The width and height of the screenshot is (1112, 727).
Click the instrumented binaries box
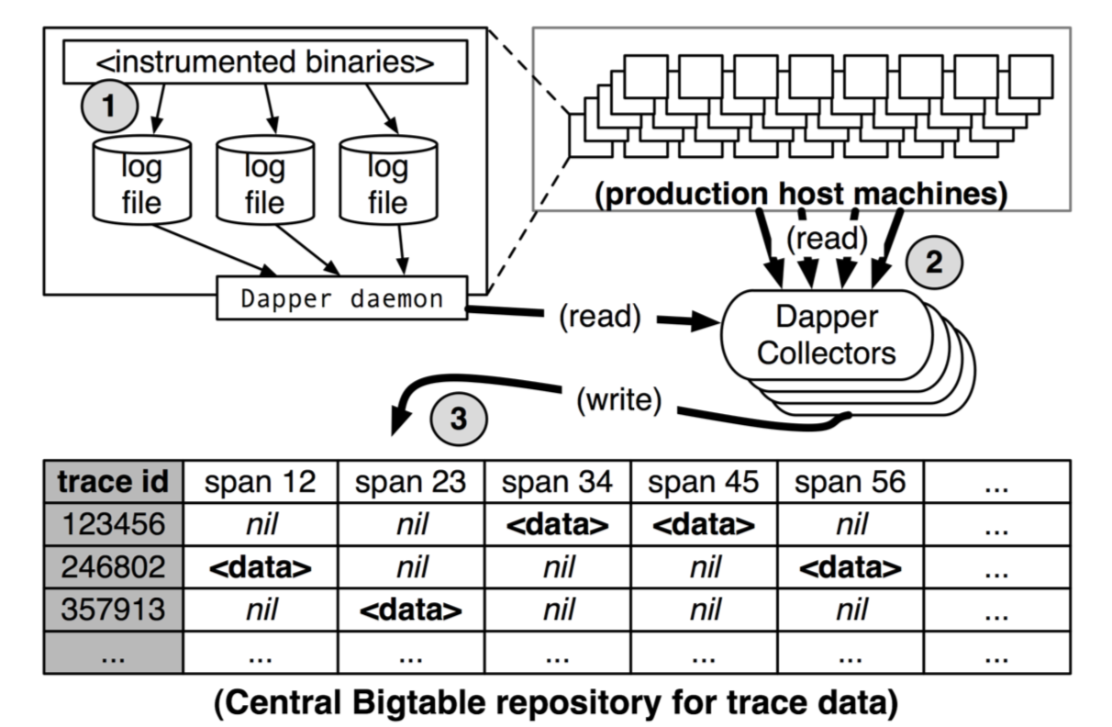coord(264,63)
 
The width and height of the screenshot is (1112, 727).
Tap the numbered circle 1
coord(109,107)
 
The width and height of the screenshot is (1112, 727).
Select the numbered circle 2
coord(934,263)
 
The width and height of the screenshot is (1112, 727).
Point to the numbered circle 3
coord(457,419)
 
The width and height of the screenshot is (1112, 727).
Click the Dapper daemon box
coord(341,298)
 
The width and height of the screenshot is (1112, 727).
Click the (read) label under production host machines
coord(827,239)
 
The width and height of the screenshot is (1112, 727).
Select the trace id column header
coord(112,482)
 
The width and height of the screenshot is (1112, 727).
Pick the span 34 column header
coord(558,482)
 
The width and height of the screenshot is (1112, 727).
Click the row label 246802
coord(112,567)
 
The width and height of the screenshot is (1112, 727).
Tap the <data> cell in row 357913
coord(411,610)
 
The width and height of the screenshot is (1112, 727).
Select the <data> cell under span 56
coord(851,567)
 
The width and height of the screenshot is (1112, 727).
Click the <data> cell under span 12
coord(261,567)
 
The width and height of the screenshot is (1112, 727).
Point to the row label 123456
coord(112,524)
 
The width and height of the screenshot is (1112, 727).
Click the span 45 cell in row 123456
coord(704,524)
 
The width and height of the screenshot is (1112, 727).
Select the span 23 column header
coord(411,482)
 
